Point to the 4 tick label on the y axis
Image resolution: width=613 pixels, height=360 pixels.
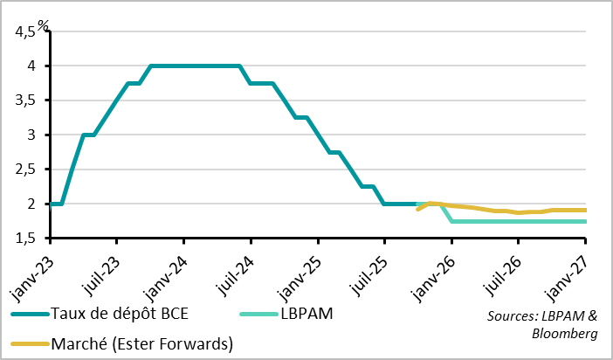point(31,66)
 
